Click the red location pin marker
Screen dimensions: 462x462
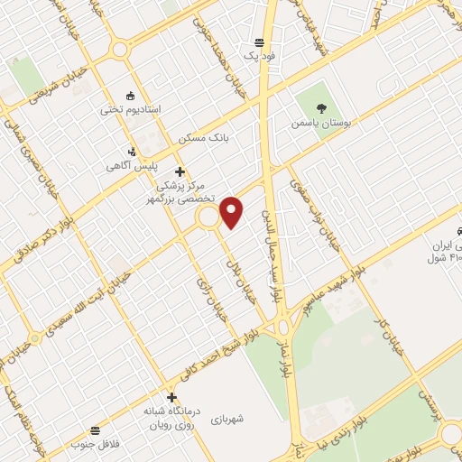pyautogui.click(x=233, y=211)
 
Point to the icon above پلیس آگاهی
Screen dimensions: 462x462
pyautogui.click(x=133, y=152)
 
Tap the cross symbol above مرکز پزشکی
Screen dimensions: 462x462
pyautogui.click(x=180, y=171)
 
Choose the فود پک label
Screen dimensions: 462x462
pyautogui.click(x=258, y=56)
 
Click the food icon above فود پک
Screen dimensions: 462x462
pyautogui.click(x=259, y=42)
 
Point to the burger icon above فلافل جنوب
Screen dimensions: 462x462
pyautogui.click(x=96, y=430)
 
